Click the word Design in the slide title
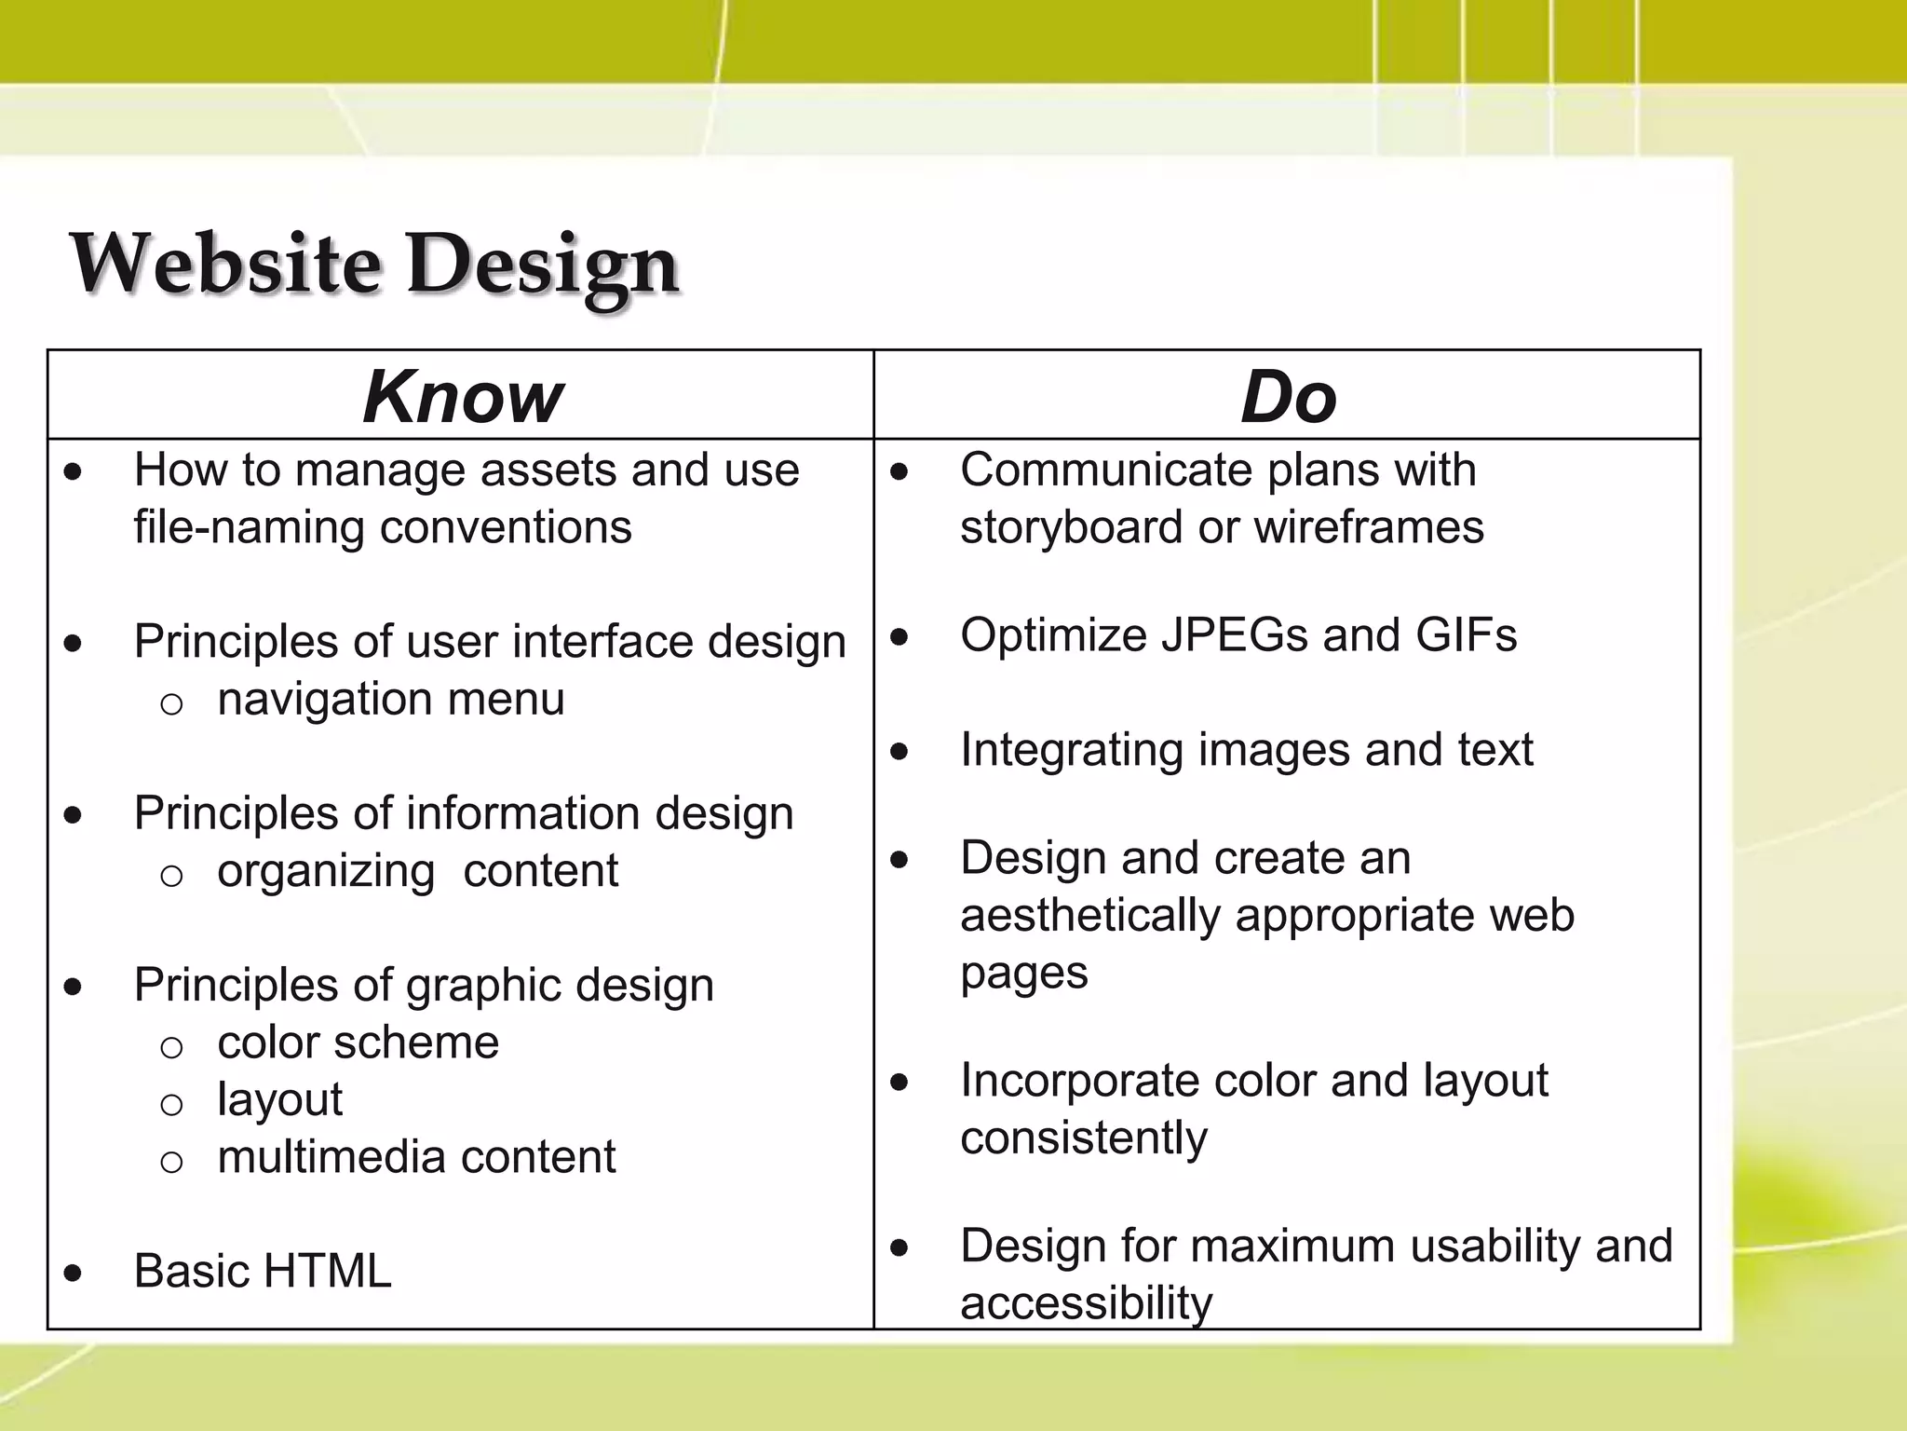[x=542, y=266]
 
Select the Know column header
[x=462, y=397]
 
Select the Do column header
[x=1288, y=397]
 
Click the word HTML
[x=327, y=1271]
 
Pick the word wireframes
[x=1368, y=527]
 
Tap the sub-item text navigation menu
[x=390, y=700]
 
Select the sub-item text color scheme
[x=358, y=1043]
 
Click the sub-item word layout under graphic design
[x=279, y=1100]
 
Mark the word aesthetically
[x=1089, y=916]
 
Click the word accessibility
[x=1086, y=1302]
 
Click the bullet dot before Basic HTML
[x=74, y=1274]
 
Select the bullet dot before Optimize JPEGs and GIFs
[x=899, y=638]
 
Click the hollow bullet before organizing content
[x=171, y=875]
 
